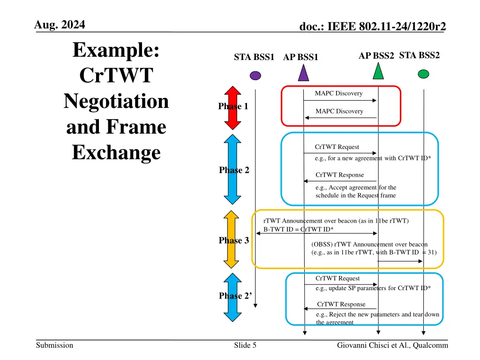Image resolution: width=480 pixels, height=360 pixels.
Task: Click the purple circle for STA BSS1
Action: [255, 75]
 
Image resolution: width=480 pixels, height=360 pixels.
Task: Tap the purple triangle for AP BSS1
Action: [304, 73]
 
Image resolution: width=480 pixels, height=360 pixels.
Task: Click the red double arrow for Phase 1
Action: [232, 107]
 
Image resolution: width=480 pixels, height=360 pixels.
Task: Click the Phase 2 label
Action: [234, 170]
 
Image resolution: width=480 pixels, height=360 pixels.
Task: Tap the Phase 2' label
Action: [235, 296]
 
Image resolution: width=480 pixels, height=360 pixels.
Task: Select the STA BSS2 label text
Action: [419, 55]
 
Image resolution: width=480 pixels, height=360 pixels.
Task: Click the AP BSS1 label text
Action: [300, 58]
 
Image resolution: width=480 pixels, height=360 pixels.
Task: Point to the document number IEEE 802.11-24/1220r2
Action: [373, 28]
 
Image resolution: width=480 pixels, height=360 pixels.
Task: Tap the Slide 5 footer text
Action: [245, 345]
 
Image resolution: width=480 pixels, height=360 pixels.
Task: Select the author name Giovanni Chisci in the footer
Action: [361, 345]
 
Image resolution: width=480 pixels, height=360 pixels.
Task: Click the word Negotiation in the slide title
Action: [116, 101]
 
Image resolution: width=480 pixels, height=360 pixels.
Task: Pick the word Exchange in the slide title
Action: [116, 152]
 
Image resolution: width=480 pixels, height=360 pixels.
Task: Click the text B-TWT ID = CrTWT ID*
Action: [299, 229]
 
